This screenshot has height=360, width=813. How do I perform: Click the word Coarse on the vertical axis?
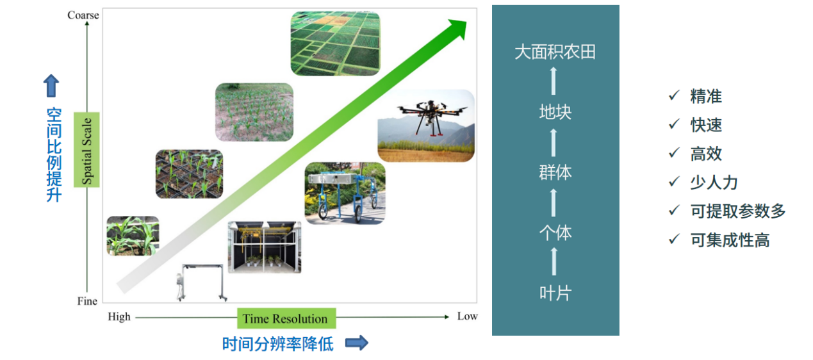click(x=83, y=15)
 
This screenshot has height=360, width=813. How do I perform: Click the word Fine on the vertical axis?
click(x=87, y=301)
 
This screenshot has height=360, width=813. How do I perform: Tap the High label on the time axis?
click(x=119, y=317)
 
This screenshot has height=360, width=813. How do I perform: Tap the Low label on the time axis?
click(x=468, y=316)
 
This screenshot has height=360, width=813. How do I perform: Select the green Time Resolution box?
click(x=286, y=318)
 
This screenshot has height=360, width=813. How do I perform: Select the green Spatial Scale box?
click(x=86, y=149)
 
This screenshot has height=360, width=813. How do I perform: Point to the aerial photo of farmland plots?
click(x=335, y=44)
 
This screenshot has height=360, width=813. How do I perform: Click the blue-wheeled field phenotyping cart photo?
click(x=345, y=193)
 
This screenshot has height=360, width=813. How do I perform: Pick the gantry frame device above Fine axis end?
click(x=202, y=282)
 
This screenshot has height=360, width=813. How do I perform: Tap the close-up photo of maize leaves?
click(x=133, y=236)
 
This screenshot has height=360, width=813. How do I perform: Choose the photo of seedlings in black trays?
click(x=189, y=174)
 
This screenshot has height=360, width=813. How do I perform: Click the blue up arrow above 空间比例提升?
click(x=51, y=86)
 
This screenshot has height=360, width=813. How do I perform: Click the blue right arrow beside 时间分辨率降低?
click(x=357, y=343)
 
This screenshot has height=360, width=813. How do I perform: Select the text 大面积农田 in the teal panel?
click(x=555, y=52)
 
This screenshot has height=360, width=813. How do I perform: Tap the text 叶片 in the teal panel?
click(x=555, y=293)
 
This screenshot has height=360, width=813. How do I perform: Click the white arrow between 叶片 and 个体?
click(x=554, y=261)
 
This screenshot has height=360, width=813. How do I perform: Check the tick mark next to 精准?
click(x=675, y=95)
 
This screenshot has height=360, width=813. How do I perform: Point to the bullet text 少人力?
click(x=714, y=182)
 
